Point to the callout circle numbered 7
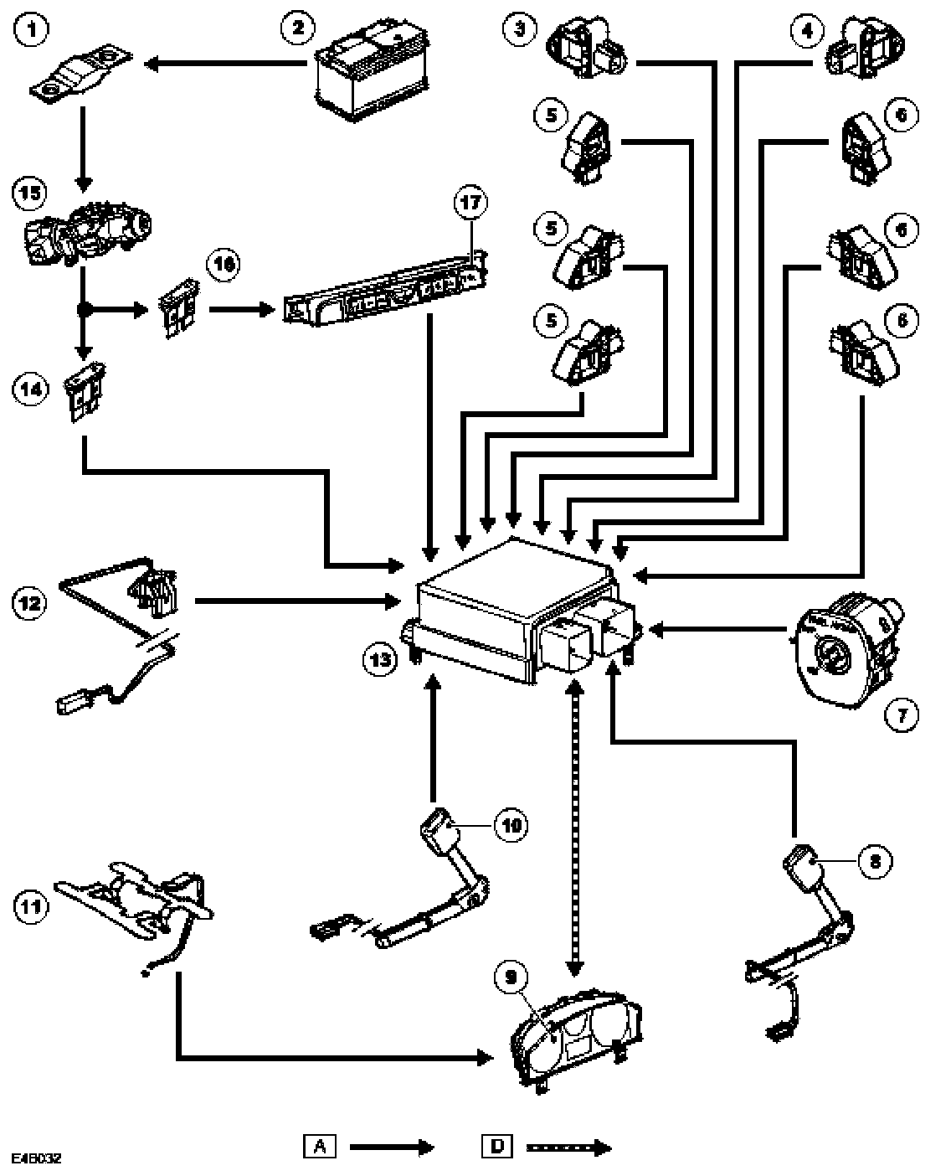click(x=902, y=714)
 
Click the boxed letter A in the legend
click(x=319, y=1146)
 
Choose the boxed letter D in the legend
click(x=497, y=1146)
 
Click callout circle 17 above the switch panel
click(x=470, y=203)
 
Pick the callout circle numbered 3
click(x=519, y=30)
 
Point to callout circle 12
click(x=28, y=600)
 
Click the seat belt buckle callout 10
click(x=511, y=825)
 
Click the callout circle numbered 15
click(x=29, y=192)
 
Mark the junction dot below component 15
click(x=83, y=310)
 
